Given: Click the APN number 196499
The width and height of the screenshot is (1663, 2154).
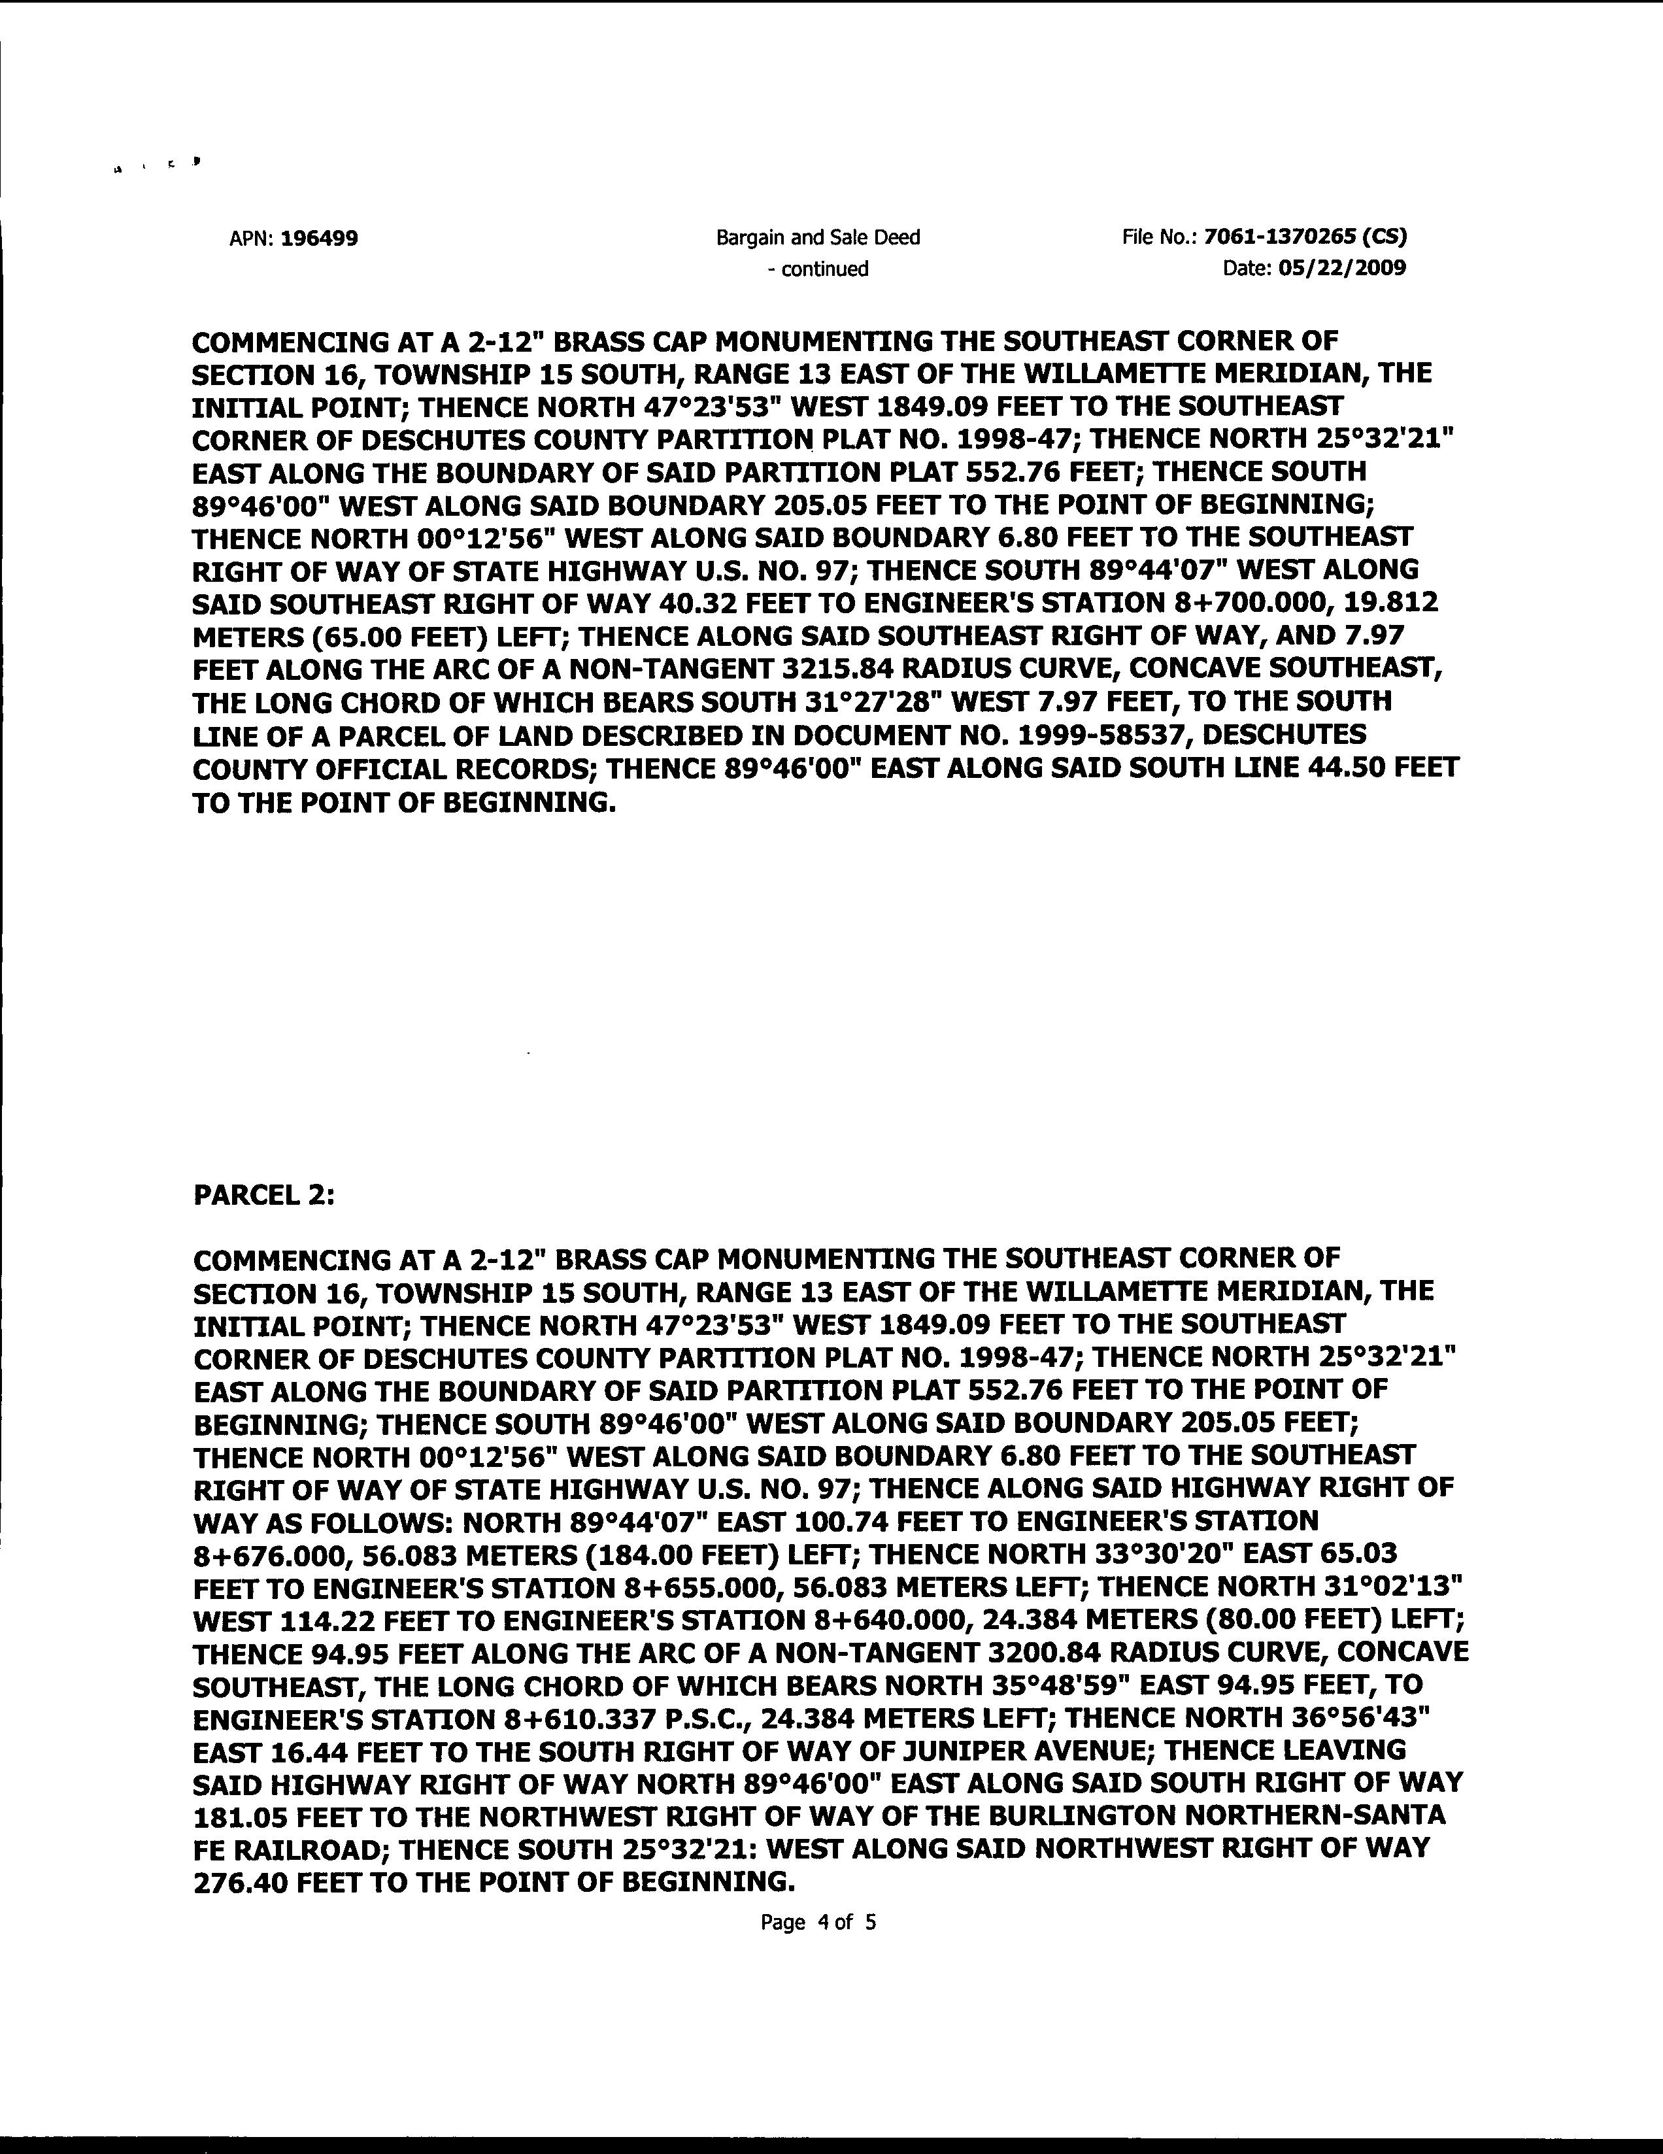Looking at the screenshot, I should (x=318, y=238).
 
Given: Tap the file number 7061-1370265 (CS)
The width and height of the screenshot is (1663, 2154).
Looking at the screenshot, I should (x=1306, y=237).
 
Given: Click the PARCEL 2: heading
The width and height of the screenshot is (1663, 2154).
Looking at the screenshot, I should (x=264, y=1196).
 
